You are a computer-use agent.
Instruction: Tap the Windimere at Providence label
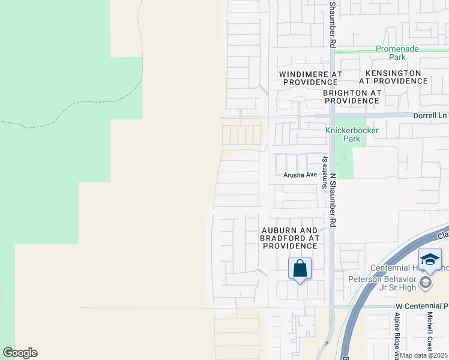click(x=310, y=77)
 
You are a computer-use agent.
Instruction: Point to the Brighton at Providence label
click(x=352, y=97)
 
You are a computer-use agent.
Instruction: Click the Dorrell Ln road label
click(x=430, y=115)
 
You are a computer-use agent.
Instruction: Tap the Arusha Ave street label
click(x=300, y=175)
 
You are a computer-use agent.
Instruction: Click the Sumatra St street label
click(x=324, y=173)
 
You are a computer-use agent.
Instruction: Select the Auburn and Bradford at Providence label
click(x=289, y=238)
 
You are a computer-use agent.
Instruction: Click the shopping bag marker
click(x=300, y=268)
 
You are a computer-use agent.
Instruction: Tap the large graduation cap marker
click(x=430, y=259)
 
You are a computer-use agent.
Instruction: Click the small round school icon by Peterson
click(x=426, y=283)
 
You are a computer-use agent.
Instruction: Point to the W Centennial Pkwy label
click(x=421, y=306)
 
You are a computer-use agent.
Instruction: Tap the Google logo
click(x=20, y=353)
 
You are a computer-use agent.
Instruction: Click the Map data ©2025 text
click(x=424, y=355)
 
